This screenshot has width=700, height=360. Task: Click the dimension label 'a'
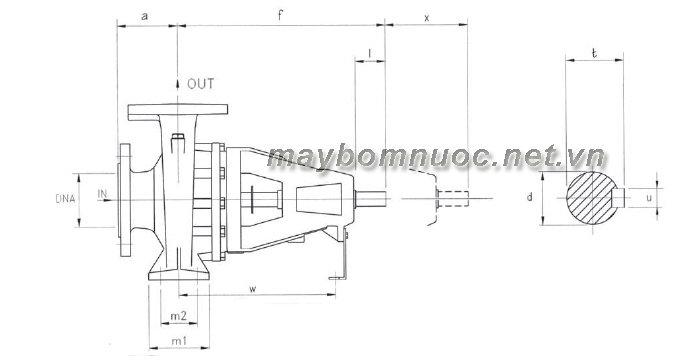(144, 17)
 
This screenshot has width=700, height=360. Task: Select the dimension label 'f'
(280, 16)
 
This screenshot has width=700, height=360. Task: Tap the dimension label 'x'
(426, 18)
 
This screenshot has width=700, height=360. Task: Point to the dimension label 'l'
(370, 53)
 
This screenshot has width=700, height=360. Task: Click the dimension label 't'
(594, 54)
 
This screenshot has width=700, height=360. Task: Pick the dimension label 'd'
(529, 197)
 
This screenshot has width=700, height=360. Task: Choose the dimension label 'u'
(649, 197)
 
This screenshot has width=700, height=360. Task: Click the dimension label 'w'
(253, 289)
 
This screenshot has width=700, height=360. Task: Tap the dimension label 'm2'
(179, 316)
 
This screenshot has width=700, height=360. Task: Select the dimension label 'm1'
(179, 341)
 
